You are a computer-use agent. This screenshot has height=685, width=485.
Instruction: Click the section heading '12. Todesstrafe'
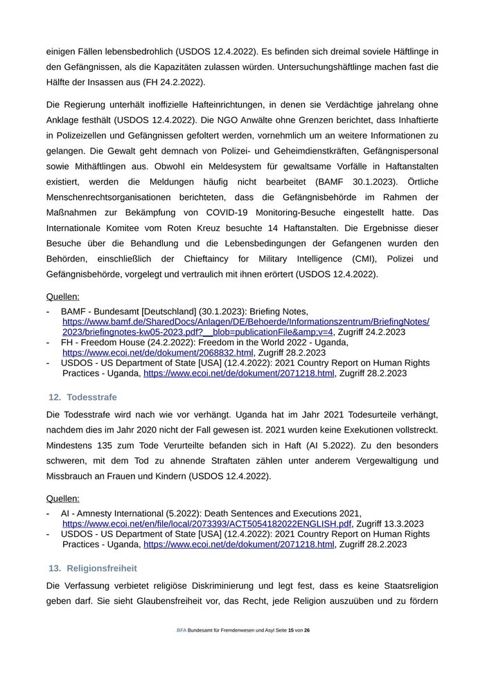tap(82, 397)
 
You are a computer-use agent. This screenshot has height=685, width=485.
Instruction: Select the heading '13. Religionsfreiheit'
tap(92, 568)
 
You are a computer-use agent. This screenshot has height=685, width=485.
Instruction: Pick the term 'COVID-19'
tap(259, 212)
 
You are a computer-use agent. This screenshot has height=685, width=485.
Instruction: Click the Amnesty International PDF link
tap(206, 524)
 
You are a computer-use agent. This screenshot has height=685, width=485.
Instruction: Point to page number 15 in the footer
tap(291, 631)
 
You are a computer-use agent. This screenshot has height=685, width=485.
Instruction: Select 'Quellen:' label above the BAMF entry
tap(62, 297)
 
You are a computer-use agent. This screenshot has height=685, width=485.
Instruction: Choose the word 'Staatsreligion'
tap(406, 585)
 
